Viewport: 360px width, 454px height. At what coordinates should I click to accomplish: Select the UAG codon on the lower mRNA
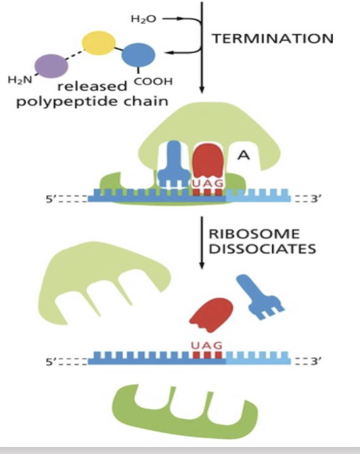coord(206,346)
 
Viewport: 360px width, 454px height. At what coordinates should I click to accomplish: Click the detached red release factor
coord(209,314)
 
